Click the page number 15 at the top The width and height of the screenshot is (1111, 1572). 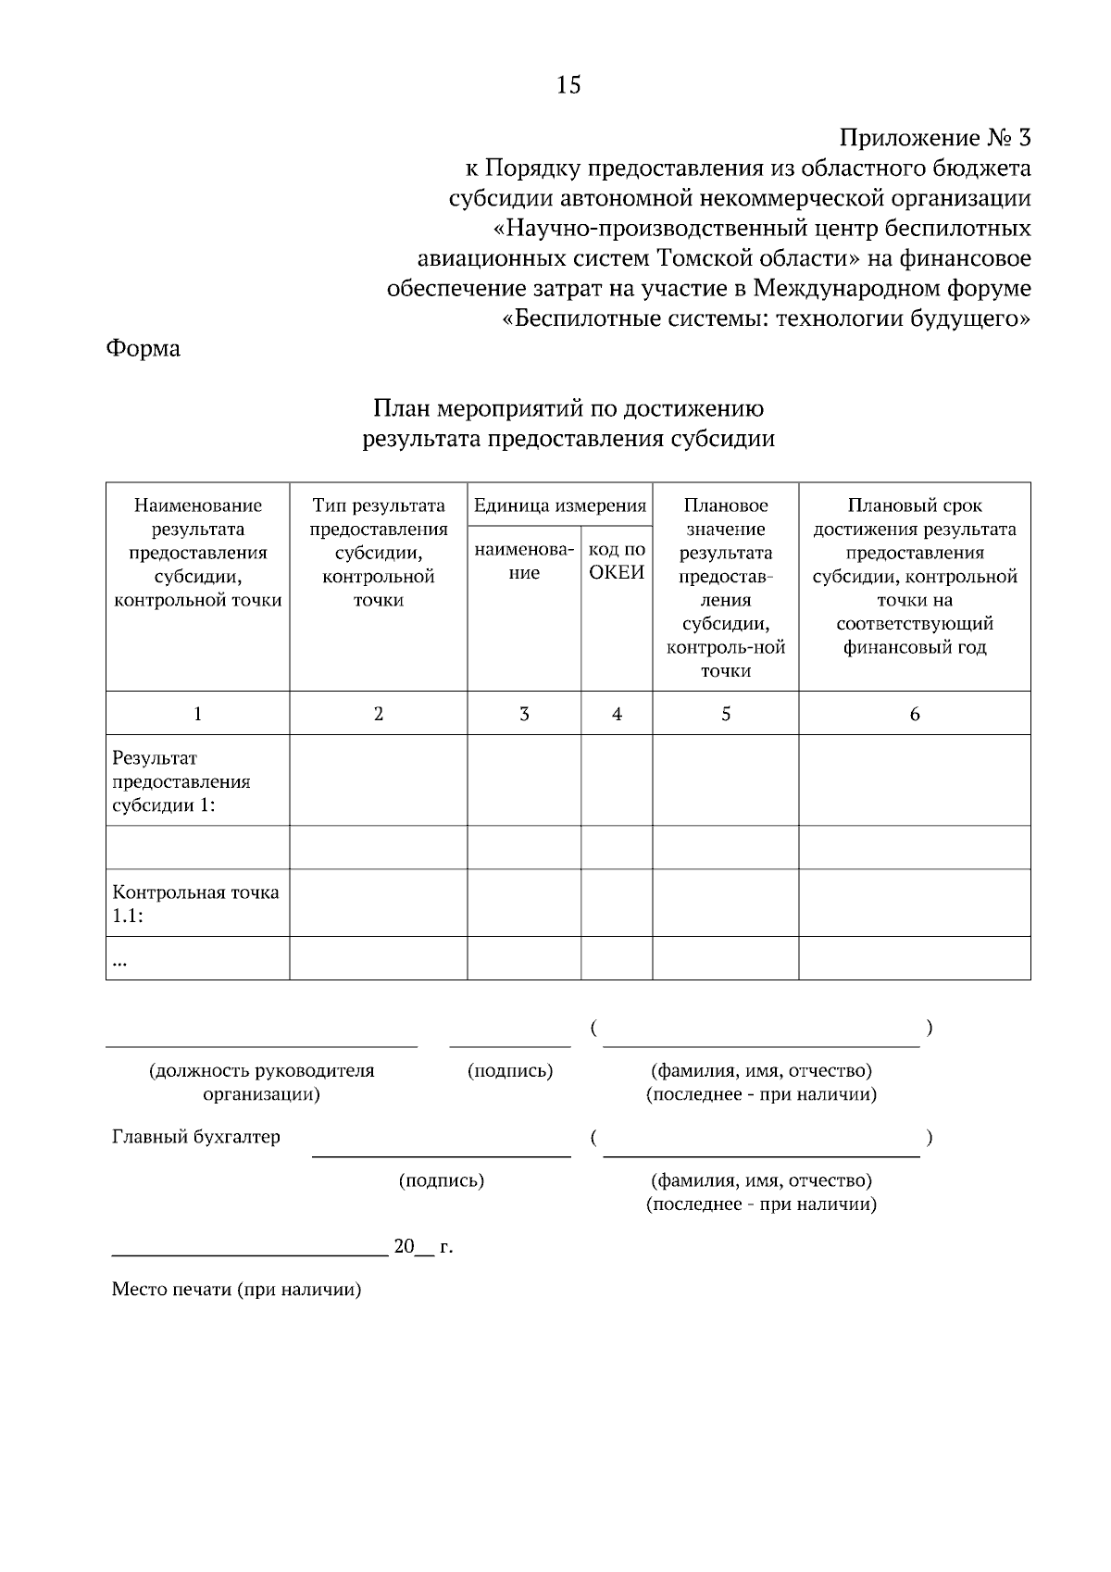pyautogui.click(x=568, y=85)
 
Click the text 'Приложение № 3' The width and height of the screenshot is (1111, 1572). pyautogui.click(x=934, y=139)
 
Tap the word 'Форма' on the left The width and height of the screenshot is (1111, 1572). pyautogui.click(x=144, y=349)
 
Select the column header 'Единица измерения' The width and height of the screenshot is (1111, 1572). pyautogui.click(x=559, y=505)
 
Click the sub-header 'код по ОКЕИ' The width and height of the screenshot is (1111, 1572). pyautogui.click(x=617, y=561)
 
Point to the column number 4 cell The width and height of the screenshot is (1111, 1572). pyautogui.click(x=617, y=714)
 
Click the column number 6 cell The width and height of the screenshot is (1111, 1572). pyautogui.click(x=915, y=714)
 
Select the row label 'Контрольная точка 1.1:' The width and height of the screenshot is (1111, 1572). pyautogui.click(x=195, y=904)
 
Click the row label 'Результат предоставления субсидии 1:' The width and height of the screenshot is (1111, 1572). pyautogui.click(x=181, y=781)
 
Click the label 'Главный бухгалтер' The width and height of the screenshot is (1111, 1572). pyautogui.click(x=195, y=1137)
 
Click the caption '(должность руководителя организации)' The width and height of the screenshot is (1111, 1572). pyautogui.click(x=262, y=1082)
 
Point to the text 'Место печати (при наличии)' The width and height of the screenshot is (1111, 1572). pyautogui.click(x=236, y=1290)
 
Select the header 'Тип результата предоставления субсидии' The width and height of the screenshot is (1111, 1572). pyautogui.click(x=378, y=553)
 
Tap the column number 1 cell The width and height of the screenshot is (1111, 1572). pyautogui.click(x=197, y=714)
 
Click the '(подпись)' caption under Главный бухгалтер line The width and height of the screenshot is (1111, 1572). pyautogui.click(x=442, y=1180)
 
